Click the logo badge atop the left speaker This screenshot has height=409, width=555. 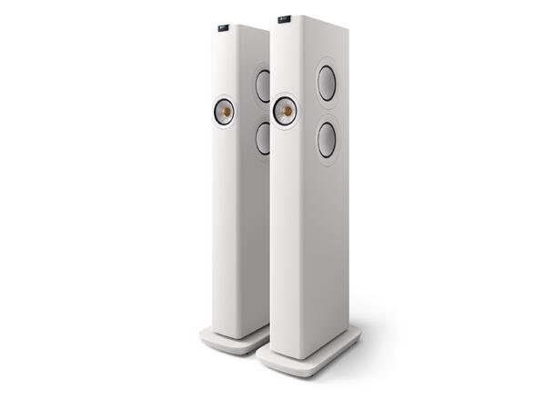(225, 28)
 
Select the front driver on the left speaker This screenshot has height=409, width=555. (224, 112)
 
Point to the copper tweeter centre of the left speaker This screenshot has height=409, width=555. (224, 112)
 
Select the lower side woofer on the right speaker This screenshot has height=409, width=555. (326, 139)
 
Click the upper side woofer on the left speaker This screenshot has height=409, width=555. (262, 85)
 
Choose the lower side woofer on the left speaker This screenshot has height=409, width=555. (262, 137)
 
